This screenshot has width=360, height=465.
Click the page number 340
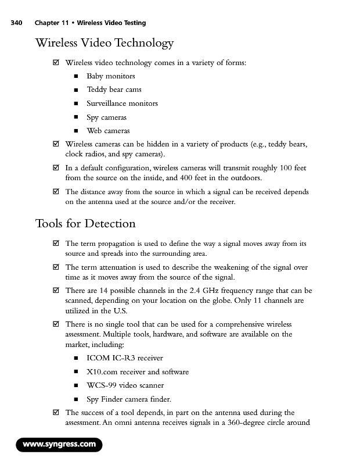point(16,23)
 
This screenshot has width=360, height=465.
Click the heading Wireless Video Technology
point(105,43)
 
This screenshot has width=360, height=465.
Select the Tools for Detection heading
point(85,224)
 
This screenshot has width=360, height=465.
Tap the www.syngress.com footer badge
point(59,445)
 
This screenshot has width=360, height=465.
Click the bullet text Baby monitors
point(110,76)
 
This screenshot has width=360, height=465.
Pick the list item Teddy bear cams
point(114,90)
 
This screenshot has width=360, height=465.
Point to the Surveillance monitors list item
point(122,103)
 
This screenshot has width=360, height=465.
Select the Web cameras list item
point(108,131)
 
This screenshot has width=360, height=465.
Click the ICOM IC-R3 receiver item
point(124,357)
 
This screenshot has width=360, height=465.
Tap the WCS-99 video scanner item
point(125,385)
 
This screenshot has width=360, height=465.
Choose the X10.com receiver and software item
point(137,371)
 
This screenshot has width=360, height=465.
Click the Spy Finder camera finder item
point(128,399)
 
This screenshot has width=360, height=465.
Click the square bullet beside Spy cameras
point(75,117)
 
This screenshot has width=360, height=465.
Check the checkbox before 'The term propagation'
point(56,244)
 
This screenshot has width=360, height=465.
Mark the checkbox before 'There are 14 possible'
point(56,290)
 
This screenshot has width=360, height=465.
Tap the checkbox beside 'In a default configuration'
point(56,168)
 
